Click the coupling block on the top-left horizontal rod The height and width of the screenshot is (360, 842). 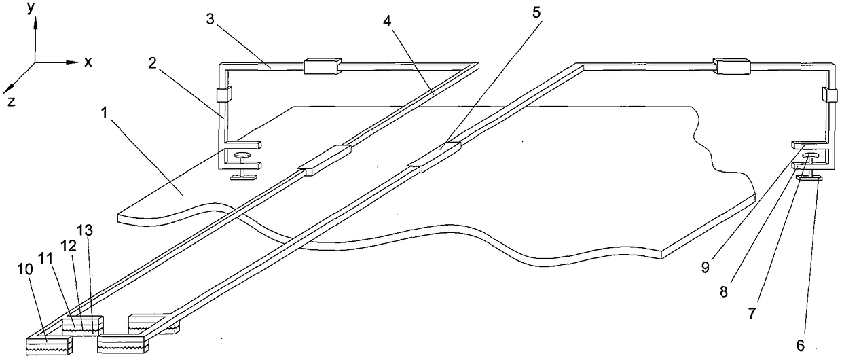(321, 66)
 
